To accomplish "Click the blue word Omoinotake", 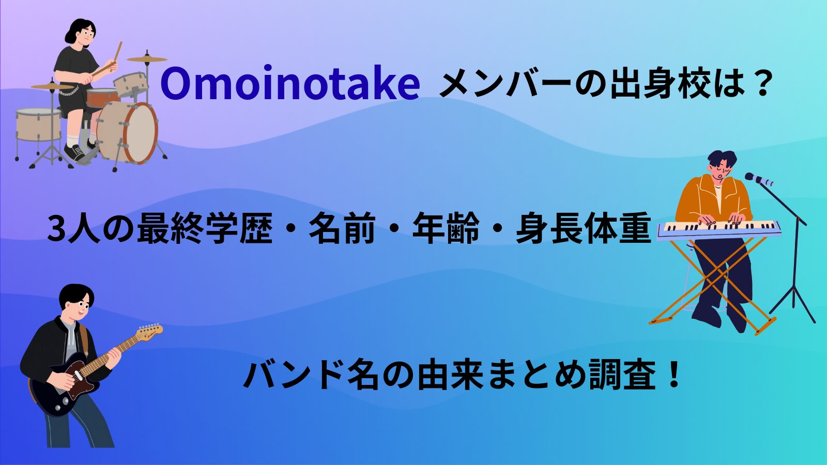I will (289, 84).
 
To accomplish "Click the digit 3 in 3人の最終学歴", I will (55, 229).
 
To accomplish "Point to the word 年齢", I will (445, 229).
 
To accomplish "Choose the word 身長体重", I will (583, 229).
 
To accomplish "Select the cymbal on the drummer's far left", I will (52, 86).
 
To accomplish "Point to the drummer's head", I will (81, 34).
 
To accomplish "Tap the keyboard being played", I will (718, 228).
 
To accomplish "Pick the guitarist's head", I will (77, 302).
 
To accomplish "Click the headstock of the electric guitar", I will (150, 331).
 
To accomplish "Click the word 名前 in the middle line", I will (342, 229).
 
